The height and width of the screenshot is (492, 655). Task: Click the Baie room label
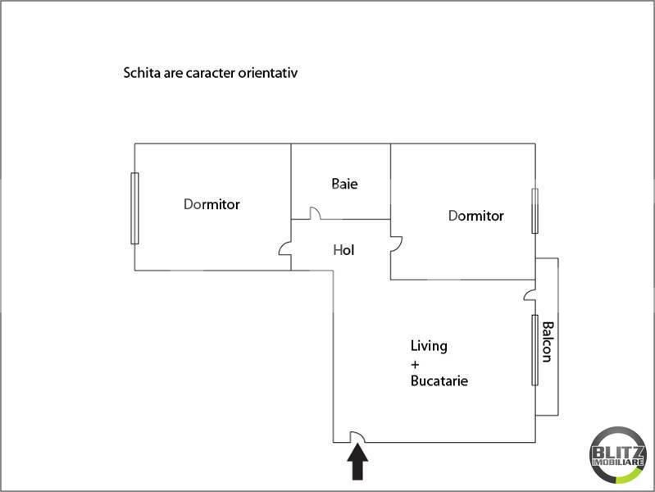344,184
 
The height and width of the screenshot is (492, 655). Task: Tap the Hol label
343,250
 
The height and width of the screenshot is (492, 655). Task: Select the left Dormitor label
212,204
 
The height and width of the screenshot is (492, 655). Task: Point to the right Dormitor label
475,216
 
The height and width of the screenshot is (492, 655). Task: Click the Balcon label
548,341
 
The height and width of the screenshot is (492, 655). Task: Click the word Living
429,347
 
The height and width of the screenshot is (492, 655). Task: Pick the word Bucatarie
439,380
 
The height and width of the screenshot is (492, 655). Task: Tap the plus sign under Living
415,365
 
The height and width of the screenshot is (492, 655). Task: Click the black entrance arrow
357,462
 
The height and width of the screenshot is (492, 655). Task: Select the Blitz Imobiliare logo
617,455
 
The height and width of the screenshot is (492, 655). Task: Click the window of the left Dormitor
134,208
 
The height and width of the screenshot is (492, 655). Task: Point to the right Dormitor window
534,211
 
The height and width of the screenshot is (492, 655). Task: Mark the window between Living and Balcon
534,350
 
